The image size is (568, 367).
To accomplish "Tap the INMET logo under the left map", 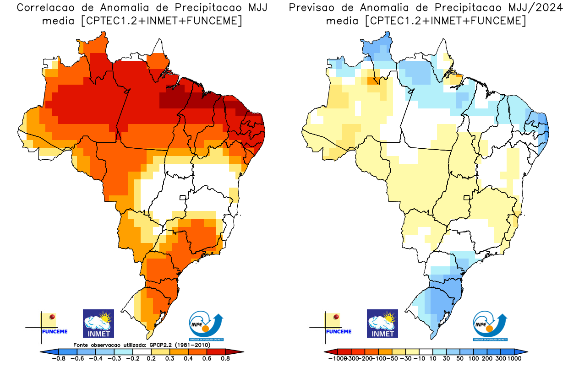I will (98, 324).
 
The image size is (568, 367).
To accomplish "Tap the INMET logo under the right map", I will (382, 324).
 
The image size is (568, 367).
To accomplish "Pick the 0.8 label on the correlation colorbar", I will (225, 358).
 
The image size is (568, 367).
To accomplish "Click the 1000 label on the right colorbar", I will (514, 358).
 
